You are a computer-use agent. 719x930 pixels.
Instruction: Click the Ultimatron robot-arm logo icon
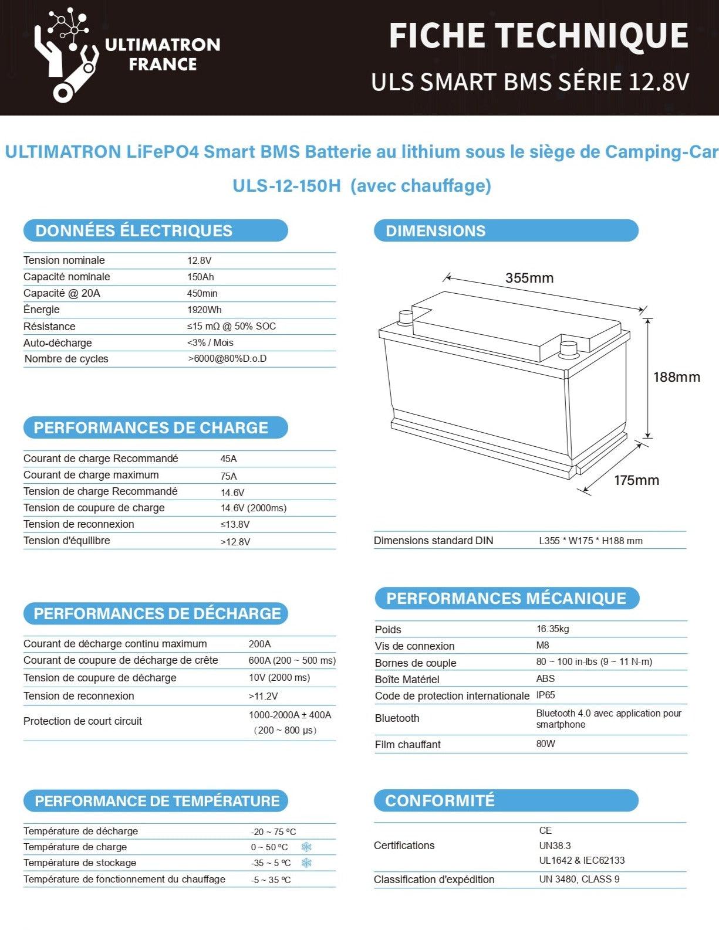tap(66, 56)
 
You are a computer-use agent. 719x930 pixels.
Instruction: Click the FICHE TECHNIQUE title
tap(538, 36)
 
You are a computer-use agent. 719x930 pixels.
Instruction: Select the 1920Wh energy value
tap(204, 310)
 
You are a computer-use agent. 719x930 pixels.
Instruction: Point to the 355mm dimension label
tap(529, 278)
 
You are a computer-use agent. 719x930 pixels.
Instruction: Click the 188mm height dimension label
tap(677, 377)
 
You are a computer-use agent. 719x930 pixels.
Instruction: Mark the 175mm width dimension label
tap(636, 480)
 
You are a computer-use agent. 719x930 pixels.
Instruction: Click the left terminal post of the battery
tap(406, 317)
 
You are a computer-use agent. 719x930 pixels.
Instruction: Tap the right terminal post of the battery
tap(568, 348)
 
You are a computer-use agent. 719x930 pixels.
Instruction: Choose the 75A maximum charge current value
tap(229, 476)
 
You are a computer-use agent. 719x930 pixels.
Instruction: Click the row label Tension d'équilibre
tap(67, 541)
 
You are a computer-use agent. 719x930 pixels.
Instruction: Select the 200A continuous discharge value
tap(259, 644)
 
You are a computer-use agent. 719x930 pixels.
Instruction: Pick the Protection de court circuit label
tap(83, 721)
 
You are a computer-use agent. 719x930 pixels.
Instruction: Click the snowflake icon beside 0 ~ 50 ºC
tap(306, 847)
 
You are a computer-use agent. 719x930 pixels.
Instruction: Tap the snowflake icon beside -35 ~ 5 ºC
tap(306, 863)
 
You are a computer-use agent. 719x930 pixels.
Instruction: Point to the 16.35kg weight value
tap(552, 629)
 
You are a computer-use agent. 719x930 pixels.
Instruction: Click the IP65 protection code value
tap(545, 695)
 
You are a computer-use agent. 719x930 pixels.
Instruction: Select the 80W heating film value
tap(545, 744)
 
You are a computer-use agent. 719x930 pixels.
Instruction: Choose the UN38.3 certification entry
tap(555, 846)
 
